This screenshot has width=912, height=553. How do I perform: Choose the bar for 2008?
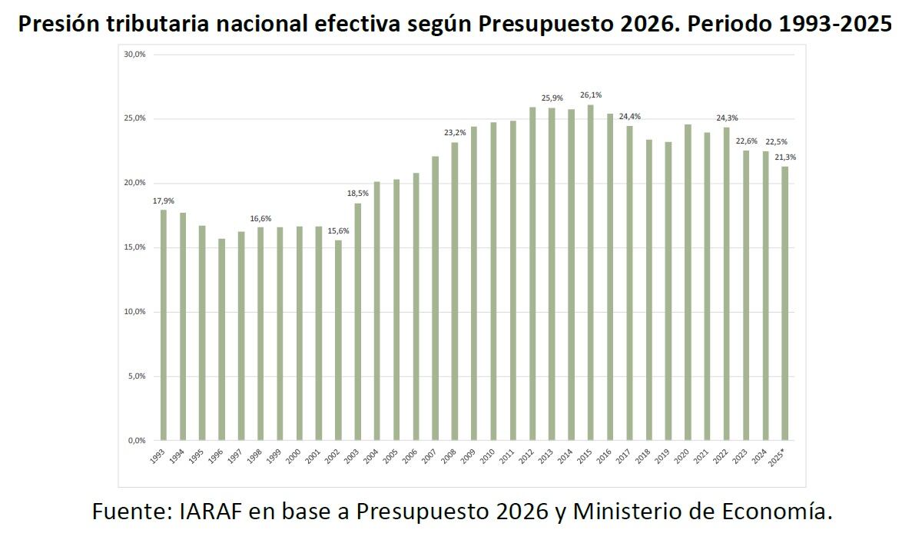click(x=454, y=291)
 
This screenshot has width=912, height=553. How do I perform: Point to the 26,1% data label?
click(x=591, y=95)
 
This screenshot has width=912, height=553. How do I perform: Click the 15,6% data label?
click(x=338, y=231)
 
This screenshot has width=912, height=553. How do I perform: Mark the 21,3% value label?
click(x=785, y=157)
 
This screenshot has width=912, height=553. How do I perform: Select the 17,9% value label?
click(x=163, y=201)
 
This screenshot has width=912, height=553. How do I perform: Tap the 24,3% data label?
click(x=727, y=118)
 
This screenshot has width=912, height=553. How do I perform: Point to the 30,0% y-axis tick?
click(x=135, y=55)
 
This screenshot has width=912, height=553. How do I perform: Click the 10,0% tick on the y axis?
click(x=135, y=312)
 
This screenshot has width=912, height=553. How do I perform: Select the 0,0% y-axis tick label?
click(x=137, y=441)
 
